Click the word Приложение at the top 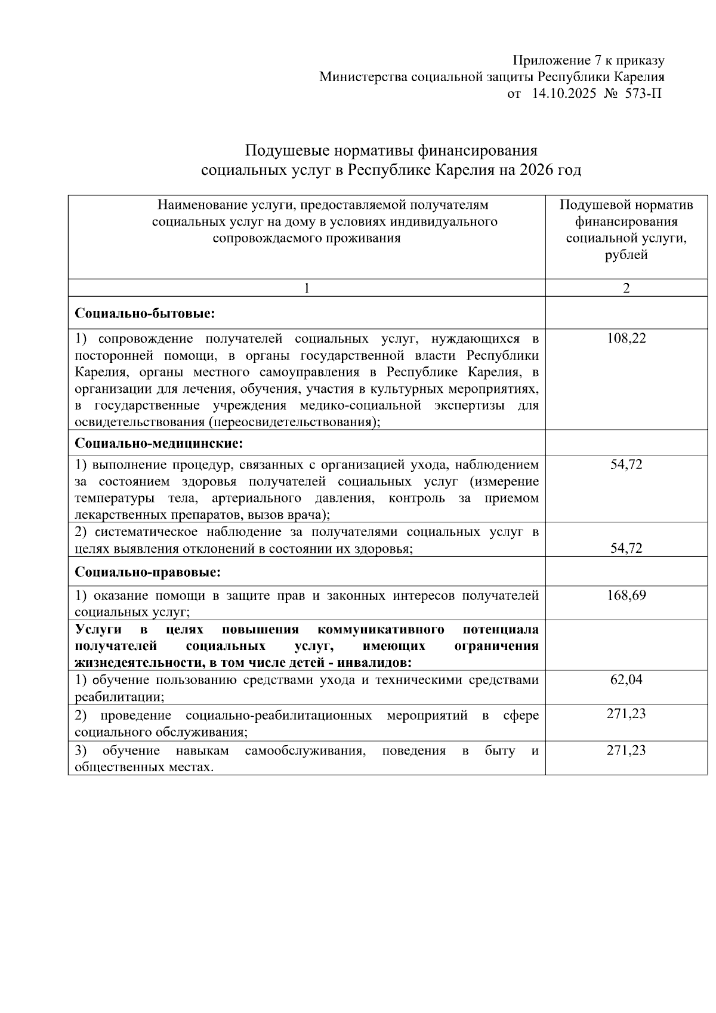[550, 60]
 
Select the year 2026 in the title [536, 170]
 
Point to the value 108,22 [626, 338]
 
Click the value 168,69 [626, 595]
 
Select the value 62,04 [626, 679]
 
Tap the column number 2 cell [626, 288]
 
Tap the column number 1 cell [307, 288]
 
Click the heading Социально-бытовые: [145, 313]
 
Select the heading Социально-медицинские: [159, 444]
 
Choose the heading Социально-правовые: [148, 572]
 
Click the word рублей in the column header [626, 255]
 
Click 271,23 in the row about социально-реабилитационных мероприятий [626, 714]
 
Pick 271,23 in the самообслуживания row [626, 750]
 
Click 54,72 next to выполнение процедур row [626, 464]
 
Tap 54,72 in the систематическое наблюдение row [626, 548]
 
